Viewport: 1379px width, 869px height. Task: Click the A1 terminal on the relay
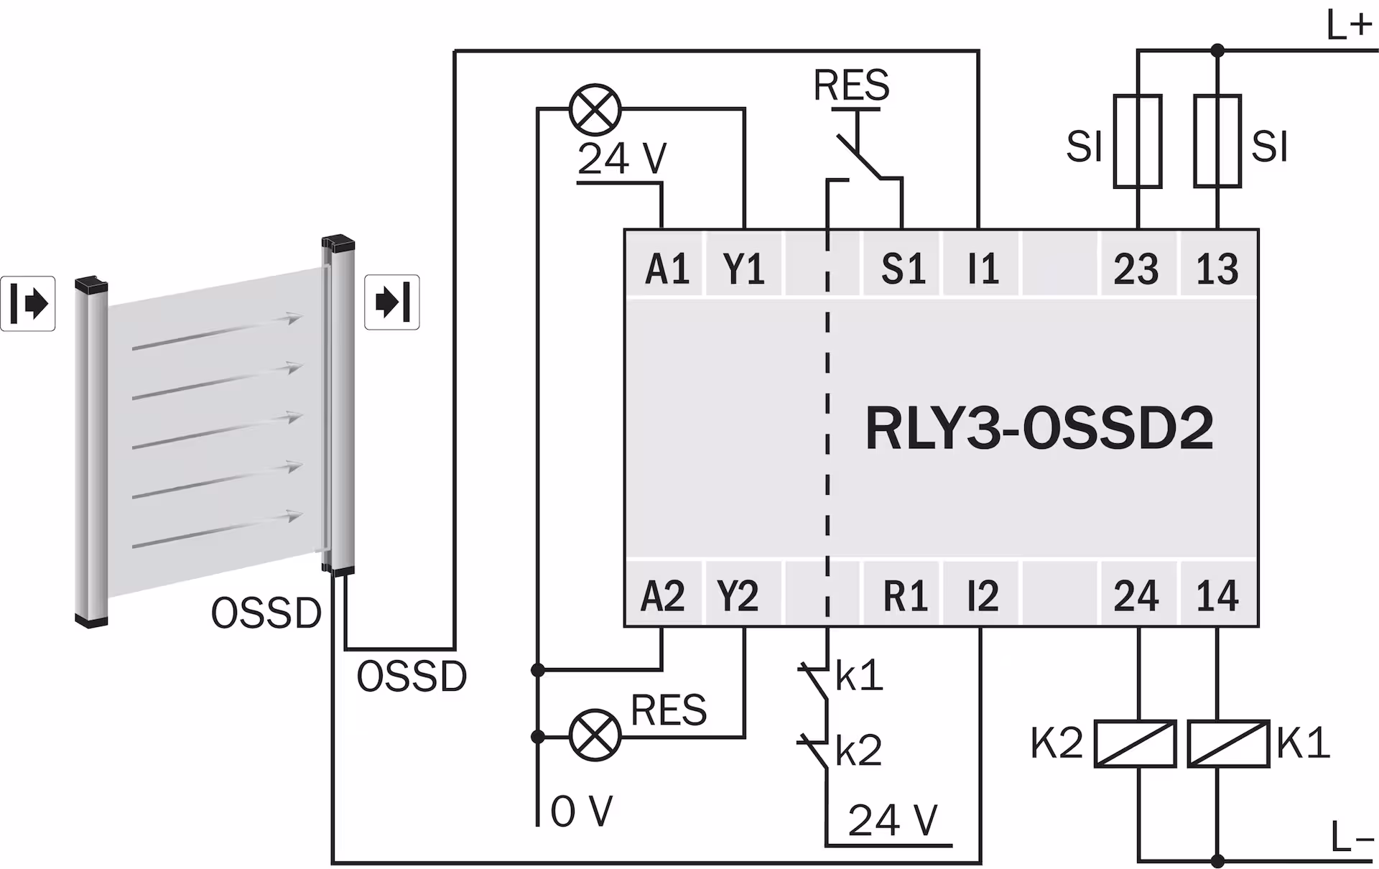667,269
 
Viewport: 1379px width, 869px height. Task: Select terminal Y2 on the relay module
738,595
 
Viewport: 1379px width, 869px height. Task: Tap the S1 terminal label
903,269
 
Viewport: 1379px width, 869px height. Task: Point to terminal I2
983,595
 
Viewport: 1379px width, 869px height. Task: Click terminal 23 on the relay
1136,269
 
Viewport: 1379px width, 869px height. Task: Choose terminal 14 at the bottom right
1217,595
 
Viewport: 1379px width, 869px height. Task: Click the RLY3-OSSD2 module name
1039,429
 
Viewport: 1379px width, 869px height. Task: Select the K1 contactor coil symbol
1227,744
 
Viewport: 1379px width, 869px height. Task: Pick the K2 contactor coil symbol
1135,744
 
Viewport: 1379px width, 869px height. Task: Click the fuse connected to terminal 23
1138,141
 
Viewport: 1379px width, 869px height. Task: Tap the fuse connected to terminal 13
1217,141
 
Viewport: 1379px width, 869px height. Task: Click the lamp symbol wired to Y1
595,110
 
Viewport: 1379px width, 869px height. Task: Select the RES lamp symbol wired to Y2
595,735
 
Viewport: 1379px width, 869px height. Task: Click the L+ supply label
1350,27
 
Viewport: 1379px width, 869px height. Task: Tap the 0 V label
581,812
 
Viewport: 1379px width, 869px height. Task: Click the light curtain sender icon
28,303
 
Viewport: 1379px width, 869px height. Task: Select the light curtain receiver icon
392,302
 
